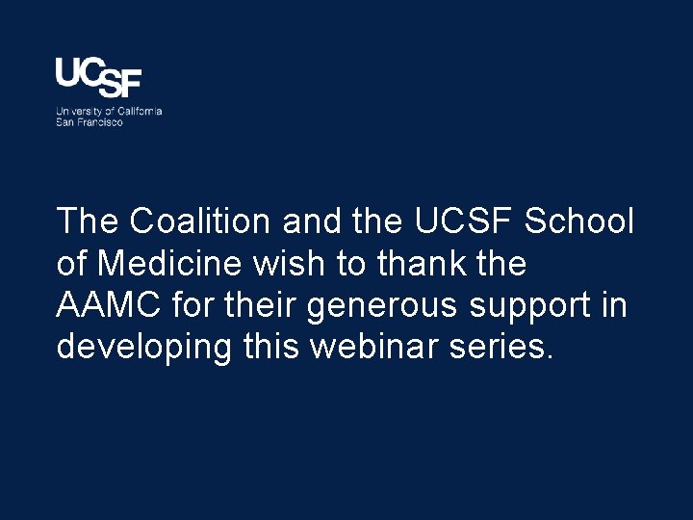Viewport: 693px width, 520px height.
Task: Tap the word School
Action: [x=578, y=222]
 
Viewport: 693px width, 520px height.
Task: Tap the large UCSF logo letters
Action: [x=98, y=77]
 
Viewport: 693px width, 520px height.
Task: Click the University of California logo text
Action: [x=108, y=112]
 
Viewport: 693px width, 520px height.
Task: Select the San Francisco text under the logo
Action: [x=90, y=122]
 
